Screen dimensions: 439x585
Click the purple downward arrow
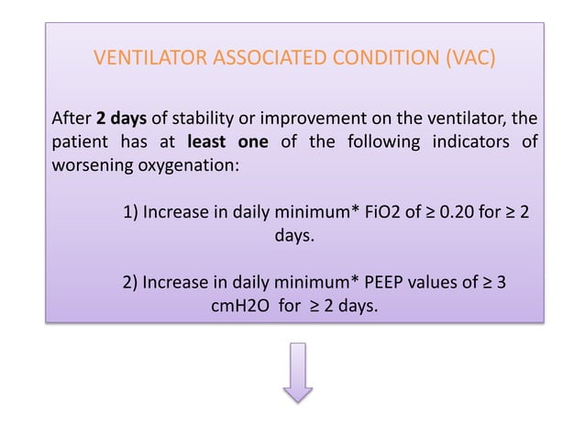297,373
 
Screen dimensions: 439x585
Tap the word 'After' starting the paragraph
71,119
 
